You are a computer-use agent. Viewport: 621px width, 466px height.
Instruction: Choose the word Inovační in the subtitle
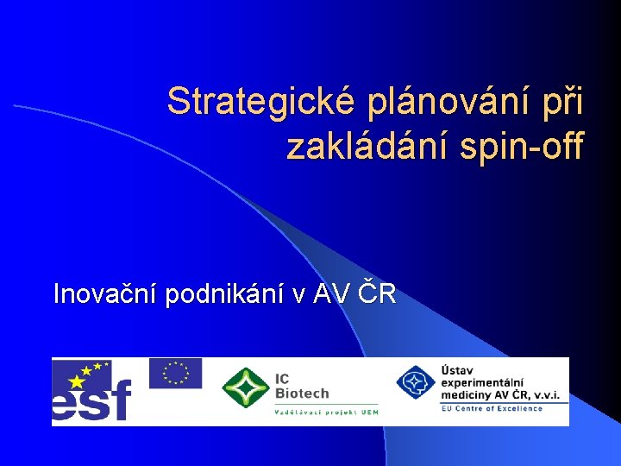105,294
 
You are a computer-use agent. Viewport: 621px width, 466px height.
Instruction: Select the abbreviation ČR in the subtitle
378,294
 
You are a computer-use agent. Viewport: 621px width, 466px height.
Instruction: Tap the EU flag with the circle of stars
175,373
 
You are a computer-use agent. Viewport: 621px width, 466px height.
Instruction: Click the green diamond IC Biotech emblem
245,387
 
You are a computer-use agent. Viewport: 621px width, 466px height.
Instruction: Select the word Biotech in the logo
301,393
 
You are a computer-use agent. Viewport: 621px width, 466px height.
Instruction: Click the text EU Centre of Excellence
492,408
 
